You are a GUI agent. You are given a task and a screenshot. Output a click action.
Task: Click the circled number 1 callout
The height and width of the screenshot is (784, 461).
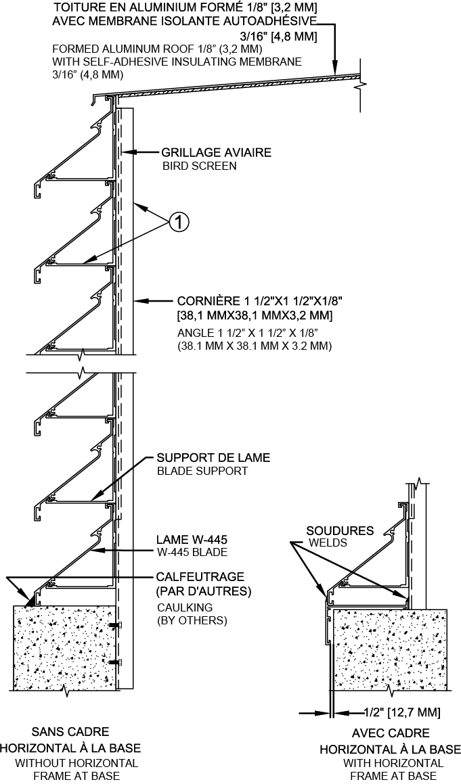click(x=179, y=221)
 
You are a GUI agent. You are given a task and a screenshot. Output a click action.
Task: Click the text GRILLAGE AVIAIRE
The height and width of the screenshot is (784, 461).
click(x=216, y=153)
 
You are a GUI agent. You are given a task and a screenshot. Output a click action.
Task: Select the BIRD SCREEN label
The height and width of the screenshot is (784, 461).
click(x=198, y=166)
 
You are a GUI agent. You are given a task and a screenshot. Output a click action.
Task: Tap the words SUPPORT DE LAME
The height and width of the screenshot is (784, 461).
click(x=213, y=458)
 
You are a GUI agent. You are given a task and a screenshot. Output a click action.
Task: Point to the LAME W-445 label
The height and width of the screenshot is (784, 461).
click(x=192, y=540)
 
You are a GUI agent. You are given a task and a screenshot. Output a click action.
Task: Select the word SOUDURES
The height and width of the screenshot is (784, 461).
click(x=340, y=531)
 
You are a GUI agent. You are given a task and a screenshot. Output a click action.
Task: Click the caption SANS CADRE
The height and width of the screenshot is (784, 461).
click(x=70, y=731)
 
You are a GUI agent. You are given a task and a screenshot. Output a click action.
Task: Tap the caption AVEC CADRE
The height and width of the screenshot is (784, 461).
click(x=391, y=733)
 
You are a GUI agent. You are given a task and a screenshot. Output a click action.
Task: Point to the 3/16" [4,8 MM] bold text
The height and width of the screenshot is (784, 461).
click(x=278, y=35)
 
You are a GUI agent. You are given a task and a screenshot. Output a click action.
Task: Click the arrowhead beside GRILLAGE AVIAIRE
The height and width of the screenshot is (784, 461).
click(x=133, y=153)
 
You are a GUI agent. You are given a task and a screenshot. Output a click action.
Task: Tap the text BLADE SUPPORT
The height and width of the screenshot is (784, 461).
click(x=202, y=471)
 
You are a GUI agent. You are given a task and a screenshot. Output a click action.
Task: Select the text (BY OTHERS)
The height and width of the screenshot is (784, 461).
click(x=192, y=620)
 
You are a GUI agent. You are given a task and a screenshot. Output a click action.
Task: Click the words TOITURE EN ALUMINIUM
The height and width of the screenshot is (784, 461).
click(x=122, y=7)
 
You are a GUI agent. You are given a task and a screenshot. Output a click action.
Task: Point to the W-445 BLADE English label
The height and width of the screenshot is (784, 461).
click(x=192, y=552)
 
